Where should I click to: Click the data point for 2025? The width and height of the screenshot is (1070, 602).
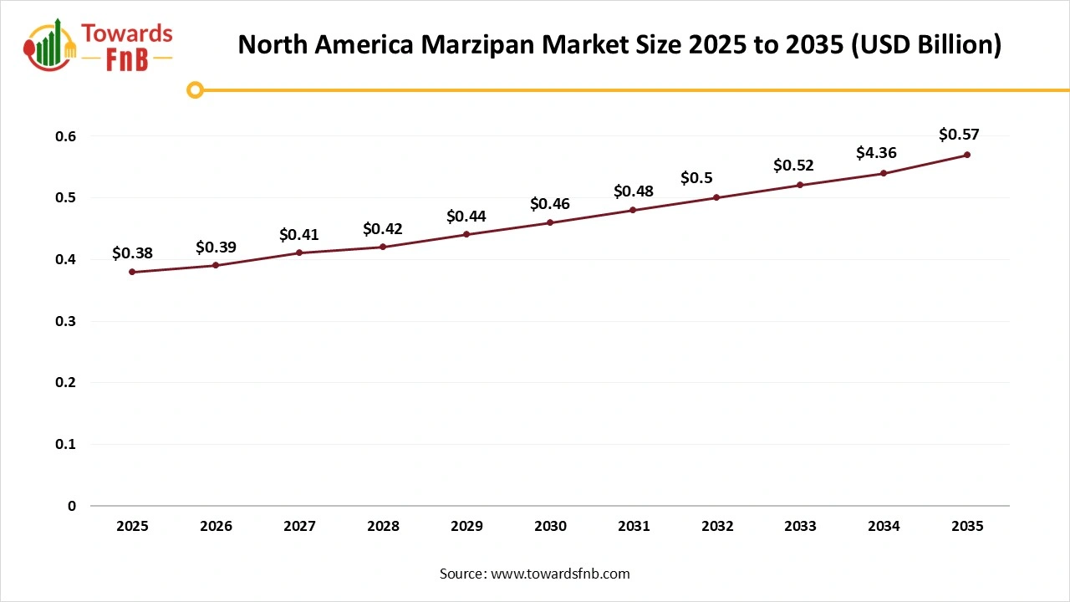(132, 272)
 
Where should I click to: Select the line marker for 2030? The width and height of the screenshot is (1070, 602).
(550, 222)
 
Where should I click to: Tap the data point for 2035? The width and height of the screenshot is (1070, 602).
(967, 155)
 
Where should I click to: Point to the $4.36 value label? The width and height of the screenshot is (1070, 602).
(876, 153)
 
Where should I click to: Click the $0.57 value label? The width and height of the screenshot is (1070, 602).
(959, 134)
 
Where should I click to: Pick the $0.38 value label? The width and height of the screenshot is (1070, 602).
(132, 253)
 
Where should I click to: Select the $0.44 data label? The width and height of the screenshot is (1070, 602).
(466, 216)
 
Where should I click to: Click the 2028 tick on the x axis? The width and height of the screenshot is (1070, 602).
(383, 526)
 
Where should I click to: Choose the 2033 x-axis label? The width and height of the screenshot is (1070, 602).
(800, 526)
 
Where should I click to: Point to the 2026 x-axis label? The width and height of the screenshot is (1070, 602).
(216, 526)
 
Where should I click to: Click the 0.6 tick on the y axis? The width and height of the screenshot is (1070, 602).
(66, 136)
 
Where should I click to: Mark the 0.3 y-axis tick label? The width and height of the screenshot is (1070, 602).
(66, 321)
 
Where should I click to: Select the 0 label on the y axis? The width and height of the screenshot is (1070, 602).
(72, 506)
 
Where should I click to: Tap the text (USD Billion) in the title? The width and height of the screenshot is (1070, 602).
(925, 44)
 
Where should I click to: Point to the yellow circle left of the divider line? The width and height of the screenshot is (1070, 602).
(195, 89)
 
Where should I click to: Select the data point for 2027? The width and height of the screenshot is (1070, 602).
(299, 253)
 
